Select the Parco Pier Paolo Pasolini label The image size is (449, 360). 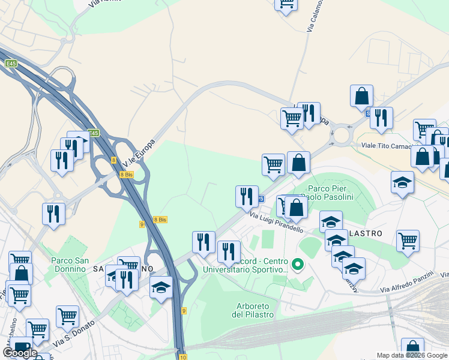click(x=328, y=193)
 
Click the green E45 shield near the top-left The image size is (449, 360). click(x=11, y=62)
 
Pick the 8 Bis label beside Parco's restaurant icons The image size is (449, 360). click(x=126, y=174)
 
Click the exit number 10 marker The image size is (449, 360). click(x=181, y=355)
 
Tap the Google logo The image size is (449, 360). click(x=20, y=353)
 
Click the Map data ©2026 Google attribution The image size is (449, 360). click(x=412, y=355)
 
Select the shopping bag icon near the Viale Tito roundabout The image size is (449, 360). click(x=361, y=96)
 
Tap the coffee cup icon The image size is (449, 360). click(x=22, y=347)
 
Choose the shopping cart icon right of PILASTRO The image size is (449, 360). click(x=408, y=241)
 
